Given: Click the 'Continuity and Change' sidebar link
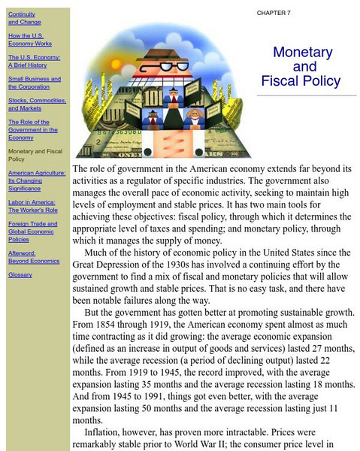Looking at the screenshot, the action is [x=22, y=18].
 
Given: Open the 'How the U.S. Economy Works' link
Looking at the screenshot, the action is [x=25, y=40].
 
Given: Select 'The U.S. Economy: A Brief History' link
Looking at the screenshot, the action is [x=34, y=61].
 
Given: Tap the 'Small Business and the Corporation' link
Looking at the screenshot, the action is [x=35, y=83].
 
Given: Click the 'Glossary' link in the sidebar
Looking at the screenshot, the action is [x=20, y=274].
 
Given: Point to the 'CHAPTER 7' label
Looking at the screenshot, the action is [x=274, y=13].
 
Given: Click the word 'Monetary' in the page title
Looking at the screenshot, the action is [x=302, y=53].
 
